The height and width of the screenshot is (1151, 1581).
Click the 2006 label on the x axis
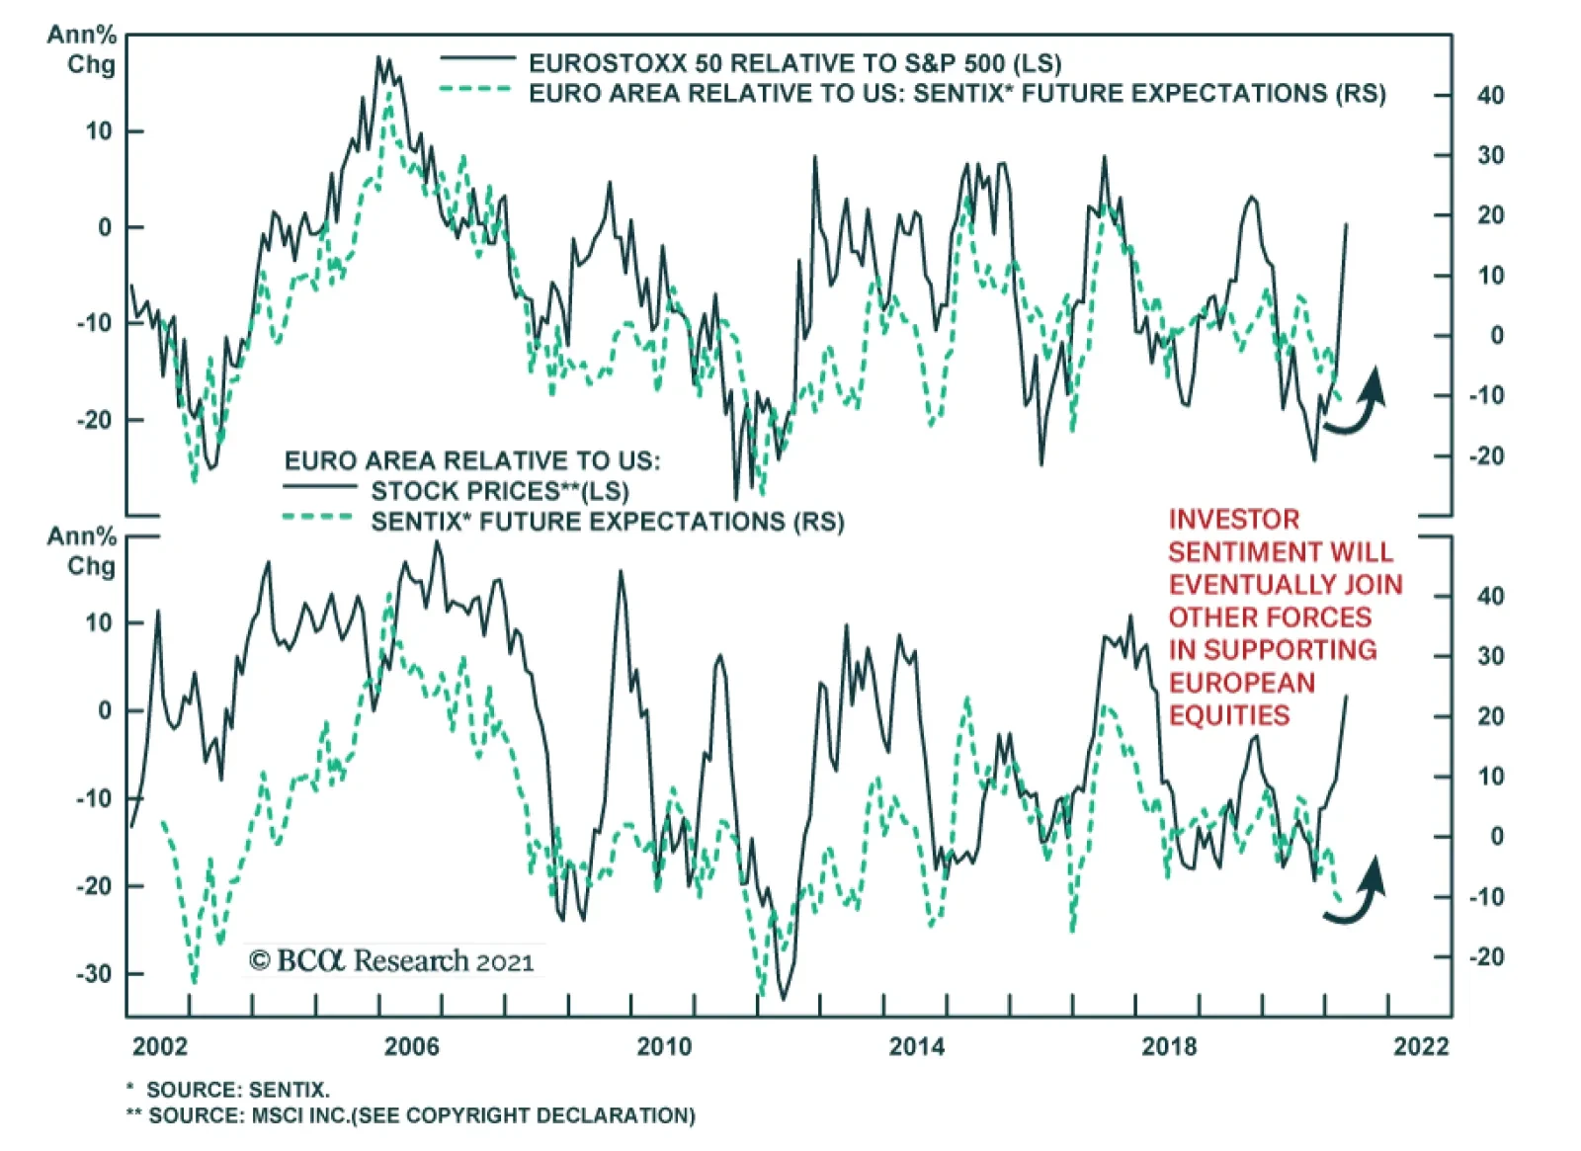coord(411,1046)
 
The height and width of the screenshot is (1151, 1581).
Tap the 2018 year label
coord(1169,1046)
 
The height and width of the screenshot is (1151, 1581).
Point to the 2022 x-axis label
coord(1421,1046)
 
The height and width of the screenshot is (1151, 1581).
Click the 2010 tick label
coord(664,1046)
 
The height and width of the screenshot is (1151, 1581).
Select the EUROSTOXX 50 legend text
coord(794,64)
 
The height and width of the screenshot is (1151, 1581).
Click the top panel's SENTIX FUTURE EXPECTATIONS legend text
coord(957,94)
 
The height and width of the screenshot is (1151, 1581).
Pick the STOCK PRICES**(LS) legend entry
coord(500,491)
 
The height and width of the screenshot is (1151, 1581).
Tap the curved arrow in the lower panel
coord(1358,892)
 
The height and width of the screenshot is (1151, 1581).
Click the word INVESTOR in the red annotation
coord(1234,520)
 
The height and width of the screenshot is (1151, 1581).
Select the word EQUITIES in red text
coord(1229,715)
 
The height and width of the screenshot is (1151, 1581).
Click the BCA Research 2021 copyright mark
coord(391,961)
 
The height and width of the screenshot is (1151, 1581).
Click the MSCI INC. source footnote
coord(422,1115)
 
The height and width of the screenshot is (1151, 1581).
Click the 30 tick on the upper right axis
coord(1490,156)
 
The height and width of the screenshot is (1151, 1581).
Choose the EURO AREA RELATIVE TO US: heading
coord(472,460)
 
